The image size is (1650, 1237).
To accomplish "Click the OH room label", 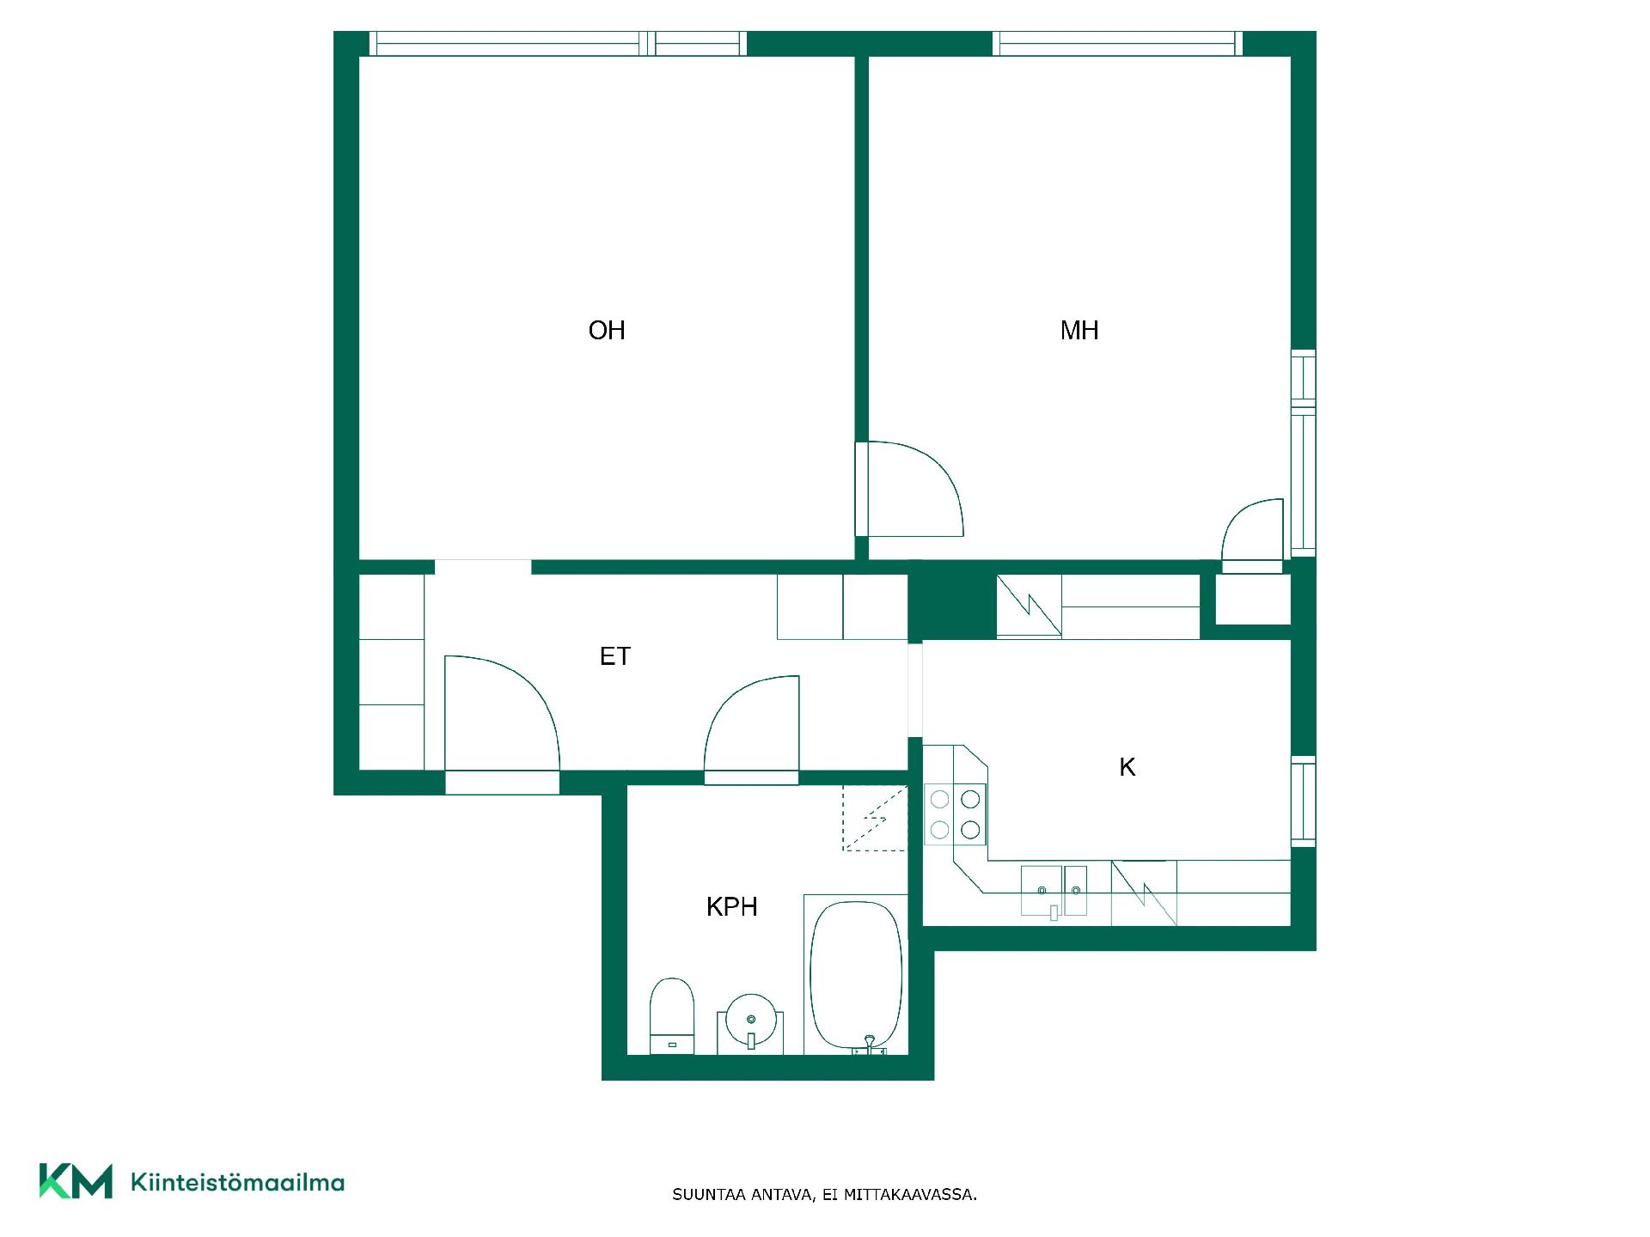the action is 607,331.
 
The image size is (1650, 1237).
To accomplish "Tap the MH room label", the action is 1079,331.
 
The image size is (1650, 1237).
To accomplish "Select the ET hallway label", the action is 614,656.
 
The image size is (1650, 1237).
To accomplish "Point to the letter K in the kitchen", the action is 1127,767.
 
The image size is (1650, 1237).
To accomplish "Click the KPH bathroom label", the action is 731,907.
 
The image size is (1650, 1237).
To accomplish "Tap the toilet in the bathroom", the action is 672,1015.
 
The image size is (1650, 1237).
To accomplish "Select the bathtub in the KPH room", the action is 856,976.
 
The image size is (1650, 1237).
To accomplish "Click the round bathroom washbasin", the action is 751,1021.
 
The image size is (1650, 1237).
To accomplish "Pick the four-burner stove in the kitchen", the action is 955,814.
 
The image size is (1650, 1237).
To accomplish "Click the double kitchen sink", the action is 1054,892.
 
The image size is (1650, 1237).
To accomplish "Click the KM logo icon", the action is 76,1181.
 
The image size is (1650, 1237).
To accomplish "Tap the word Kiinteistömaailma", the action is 237,1182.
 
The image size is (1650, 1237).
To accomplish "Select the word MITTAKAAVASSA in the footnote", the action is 910,1194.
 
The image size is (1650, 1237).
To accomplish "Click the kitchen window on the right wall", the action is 1304,801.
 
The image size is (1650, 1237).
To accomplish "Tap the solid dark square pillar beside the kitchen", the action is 952,606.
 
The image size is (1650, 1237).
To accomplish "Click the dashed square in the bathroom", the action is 875,818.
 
